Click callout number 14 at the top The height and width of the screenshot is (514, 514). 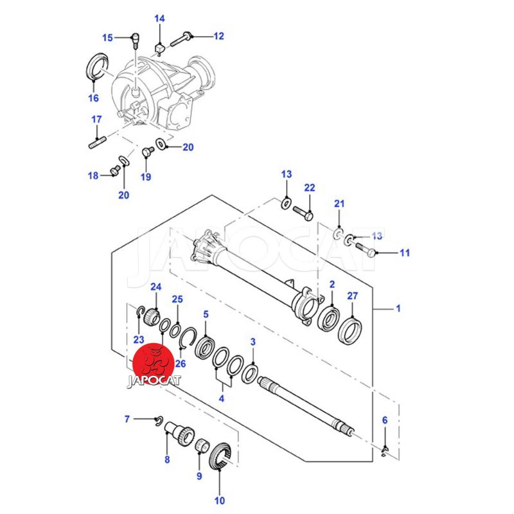[x=159, y=19]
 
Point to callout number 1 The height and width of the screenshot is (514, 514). [x=398, y=309]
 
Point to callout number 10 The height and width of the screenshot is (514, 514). [x=220, y=500]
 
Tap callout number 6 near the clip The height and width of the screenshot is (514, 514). [x=385, y=420]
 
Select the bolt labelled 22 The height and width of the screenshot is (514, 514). [x=303, y=212]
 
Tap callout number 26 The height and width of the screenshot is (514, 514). [x=181, y=363]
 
